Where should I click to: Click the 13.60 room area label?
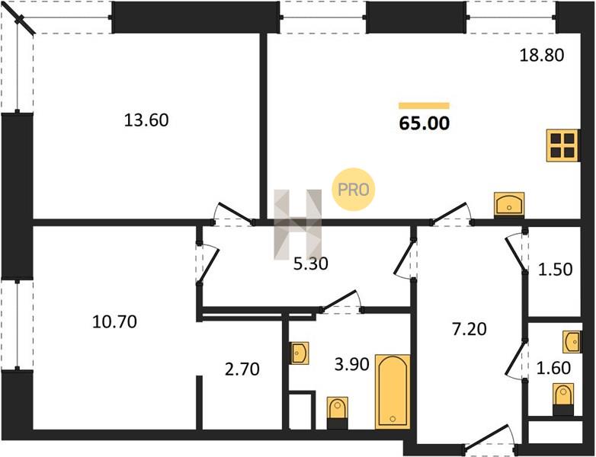[146, 120]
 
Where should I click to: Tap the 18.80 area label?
[542, 56]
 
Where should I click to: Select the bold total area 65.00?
[425, 123]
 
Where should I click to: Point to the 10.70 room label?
[114, 322]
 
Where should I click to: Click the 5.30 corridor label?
[310, 264]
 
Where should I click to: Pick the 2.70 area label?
[242, 369]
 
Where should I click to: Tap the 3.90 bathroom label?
[351, 365]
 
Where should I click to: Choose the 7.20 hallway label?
[469, 329]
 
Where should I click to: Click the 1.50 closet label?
[555, 270]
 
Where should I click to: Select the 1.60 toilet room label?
[553, 368]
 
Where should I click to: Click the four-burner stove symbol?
[563, 145]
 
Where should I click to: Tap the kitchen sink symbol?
[509, 205]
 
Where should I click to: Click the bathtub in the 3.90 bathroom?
[393, 392]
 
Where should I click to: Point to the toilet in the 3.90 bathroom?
[337, 414]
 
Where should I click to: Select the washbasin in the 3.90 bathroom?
[299, 353]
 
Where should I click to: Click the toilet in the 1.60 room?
[563, 400]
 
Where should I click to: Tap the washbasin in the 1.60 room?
[572, 342]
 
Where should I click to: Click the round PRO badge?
[353, 189]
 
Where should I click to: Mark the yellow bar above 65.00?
[425, 106]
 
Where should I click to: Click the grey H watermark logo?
[298, 225]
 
